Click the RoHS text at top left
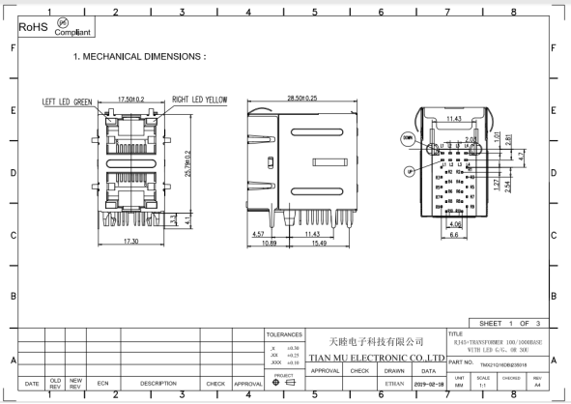[x=34, y=28]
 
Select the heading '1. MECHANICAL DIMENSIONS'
[x=139, y=57]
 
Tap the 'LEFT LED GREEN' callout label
[x=67, y=101]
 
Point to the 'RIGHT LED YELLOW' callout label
[x=200, y=100]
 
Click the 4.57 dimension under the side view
[x=258, y=234]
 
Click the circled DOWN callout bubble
[x=407, y=138]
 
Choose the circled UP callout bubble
[x=410, y=170]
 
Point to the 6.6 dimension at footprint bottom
[x=453, y=235]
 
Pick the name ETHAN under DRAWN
[x=394, y=384]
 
